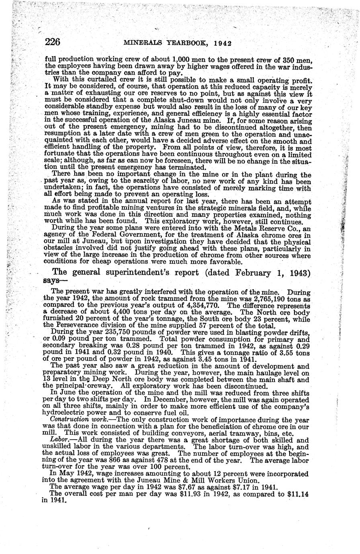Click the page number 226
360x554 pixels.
tap(53, 41)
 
